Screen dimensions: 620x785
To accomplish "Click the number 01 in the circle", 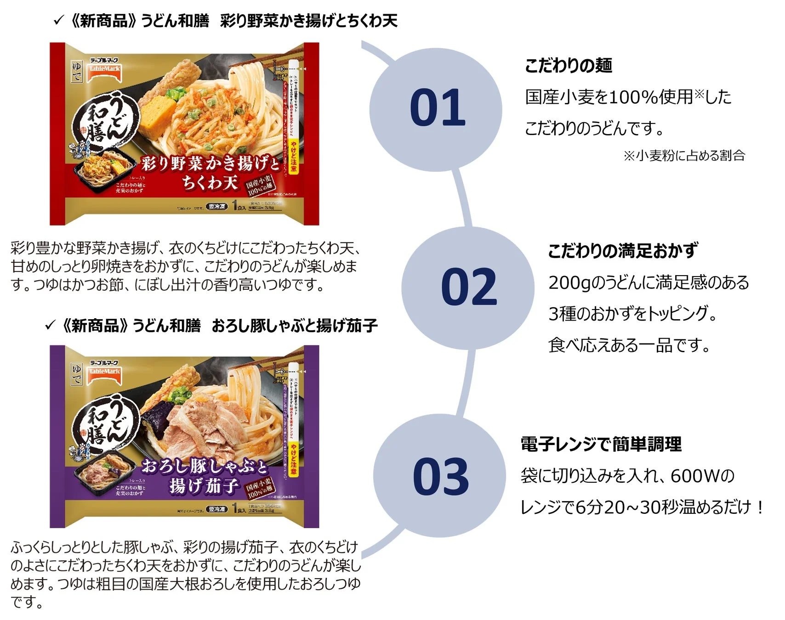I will (437, 108).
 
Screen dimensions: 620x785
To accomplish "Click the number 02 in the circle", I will (468, 287).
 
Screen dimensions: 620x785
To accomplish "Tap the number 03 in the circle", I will (440, 477).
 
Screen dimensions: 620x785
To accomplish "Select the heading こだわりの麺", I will (568, 66).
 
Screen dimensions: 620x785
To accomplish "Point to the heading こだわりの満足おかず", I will (623, 251).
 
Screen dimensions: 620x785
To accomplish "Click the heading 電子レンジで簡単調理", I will (601, 444).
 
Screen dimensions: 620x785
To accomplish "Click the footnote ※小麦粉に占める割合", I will (684, 156).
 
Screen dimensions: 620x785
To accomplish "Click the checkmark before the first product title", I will (58, 20).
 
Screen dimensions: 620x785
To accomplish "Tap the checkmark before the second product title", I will (50, 325).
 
